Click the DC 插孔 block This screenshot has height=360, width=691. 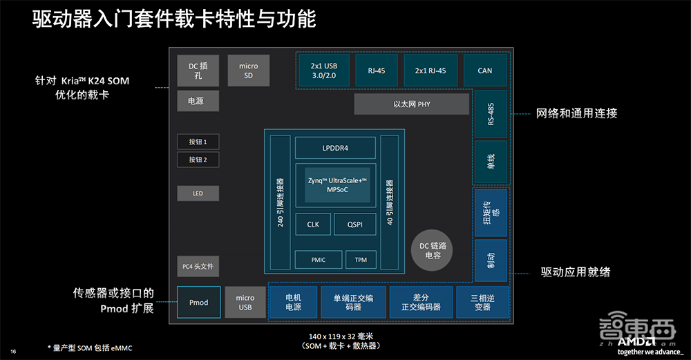pos(198,70)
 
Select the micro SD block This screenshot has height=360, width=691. pos(248,70)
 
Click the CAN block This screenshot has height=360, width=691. pos(485,70)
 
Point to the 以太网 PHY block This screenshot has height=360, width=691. pos(411,104)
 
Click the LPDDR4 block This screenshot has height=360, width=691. pos(335,148)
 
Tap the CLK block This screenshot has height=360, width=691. pos(313,225)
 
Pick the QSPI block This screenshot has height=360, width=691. pos(356,225)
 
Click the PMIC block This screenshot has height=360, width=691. pos(318,260)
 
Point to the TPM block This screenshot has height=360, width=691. pos(360,260)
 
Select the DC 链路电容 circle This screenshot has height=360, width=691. pos(434,250)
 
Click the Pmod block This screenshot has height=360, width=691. pos(198,303)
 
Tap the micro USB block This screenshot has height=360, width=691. pos(245,303)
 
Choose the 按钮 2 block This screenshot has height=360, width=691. pos(198,160)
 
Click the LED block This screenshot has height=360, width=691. pos(198,193)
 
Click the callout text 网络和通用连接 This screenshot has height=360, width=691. pos(576,113)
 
